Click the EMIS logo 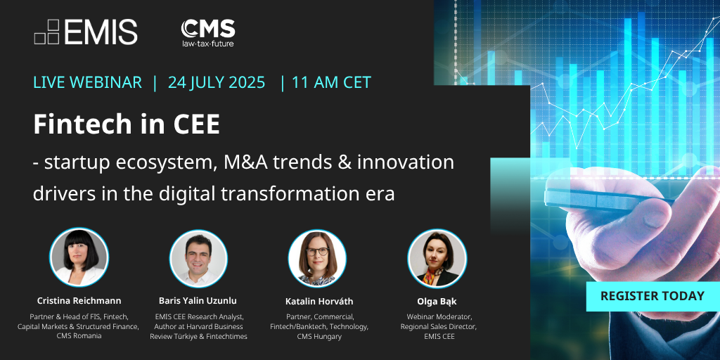coord(86,32)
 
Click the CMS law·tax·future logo coord(207,32)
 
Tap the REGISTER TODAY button coord(652,296)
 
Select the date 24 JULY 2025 coord(217,82)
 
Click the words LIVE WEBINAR coord(87,82)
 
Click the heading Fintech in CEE coord(127,124)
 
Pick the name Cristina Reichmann coord(79,301)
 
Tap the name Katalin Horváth coord(319,301)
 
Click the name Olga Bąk coord(437,301)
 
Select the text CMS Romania coord(79,336)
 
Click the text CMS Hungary coord(319,336)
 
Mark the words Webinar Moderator coord(437,316)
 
